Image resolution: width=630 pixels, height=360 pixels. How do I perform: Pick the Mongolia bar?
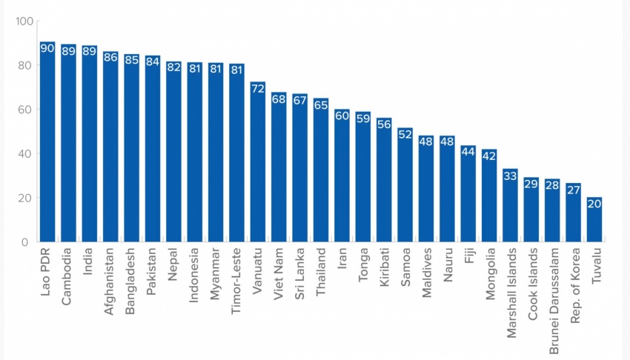(x=489, y=196)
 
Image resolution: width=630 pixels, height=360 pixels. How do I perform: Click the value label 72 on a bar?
(x=258, y=88)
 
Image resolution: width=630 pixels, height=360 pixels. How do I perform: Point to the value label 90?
(x=47, y=48)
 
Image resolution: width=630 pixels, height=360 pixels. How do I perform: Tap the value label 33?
(x=510, y=176)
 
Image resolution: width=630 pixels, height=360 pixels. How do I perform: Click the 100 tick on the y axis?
(x=24, y=21)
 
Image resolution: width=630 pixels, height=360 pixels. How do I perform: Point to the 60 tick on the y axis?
(x=27, y=110)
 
